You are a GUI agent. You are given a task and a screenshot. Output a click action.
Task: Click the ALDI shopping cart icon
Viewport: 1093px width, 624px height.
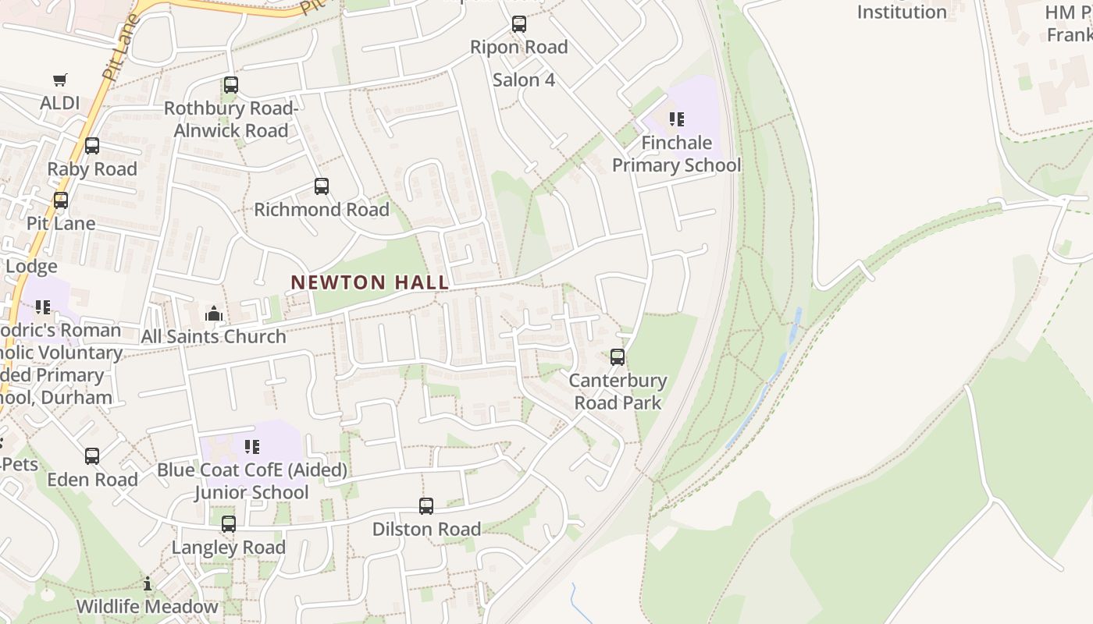click(60, 80)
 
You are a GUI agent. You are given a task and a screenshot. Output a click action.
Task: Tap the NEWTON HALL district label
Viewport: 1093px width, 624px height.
click(370, 282)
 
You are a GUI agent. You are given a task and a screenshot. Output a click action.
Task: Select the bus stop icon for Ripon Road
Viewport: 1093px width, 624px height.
click(519, 24)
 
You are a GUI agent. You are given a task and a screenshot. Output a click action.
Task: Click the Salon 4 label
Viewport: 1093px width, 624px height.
click(524, 80)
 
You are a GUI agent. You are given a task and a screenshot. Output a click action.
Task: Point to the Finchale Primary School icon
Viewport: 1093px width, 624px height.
click(677, 119)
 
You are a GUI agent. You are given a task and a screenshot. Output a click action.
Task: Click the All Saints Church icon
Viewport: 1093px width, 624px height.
click(214, 314)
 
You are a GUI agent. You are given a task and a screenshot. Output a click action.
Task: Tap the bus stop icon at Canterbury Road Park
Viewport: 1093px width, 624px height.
click(618, 357)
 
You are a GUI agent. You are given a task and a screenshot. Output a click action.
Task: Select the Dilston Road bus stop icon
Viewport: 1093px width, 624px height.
click(426, 506)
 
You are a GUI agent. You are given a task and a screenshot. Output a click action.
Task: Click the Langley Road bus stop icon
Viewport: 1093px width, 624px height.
click(229, 524)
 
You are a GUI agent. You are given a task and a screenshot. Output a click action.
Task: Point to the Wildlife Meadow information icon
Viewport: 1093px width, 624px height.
click(148, 583)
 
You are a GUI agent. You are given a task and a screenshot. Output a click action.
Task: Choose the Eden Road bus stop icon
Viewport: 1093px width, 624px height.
click(92, 456)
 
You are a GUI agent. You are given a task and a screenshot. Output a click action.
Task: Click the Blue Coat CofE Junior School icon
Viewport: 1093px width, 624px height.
click(251, 447)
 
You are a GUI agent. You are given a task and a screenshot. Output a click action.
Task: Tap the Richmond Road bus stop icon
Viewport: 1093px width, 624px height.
click(322, 186)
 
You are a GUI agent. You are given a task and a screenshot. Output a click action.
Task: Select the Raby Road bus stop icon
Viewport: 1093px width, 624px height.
click(92, 146)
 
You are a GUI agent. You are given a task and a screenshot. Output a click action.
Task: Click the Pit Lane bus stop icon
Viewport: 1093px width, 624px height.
click(61, 200)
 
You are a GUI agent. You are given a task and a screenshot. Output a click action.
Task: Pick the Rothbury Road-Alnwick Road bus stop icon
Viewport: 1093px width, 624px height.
click(231, 85)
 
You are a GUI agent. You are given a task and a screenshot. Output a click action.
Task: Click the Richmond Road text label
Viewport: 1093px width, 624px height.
click(322, 210)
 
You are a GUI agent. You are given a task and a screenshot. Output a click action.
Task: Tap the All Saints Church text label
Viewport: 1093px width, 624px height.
click(214, 337)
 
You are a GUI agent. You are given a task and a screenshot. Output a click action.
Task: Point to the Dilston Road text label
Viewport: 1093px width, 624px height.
click(426, 530)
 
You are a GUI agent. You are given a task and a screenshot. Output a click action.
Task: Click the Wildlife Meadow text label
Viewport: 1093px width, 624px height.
click(148, 607)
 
